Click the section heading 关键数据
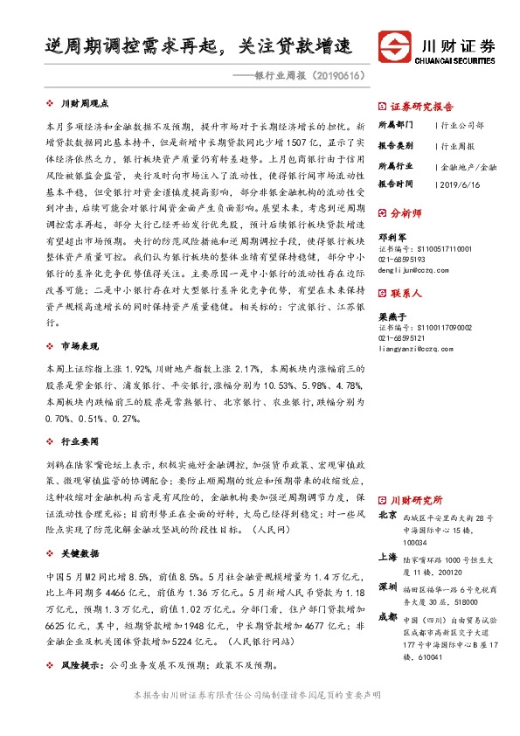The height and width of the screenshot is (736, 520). point(78,553)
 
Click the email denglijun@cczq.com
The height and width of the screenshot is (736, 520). point(414,272)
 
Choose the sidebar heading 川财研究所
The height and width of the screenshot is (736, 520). point(416,500)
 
